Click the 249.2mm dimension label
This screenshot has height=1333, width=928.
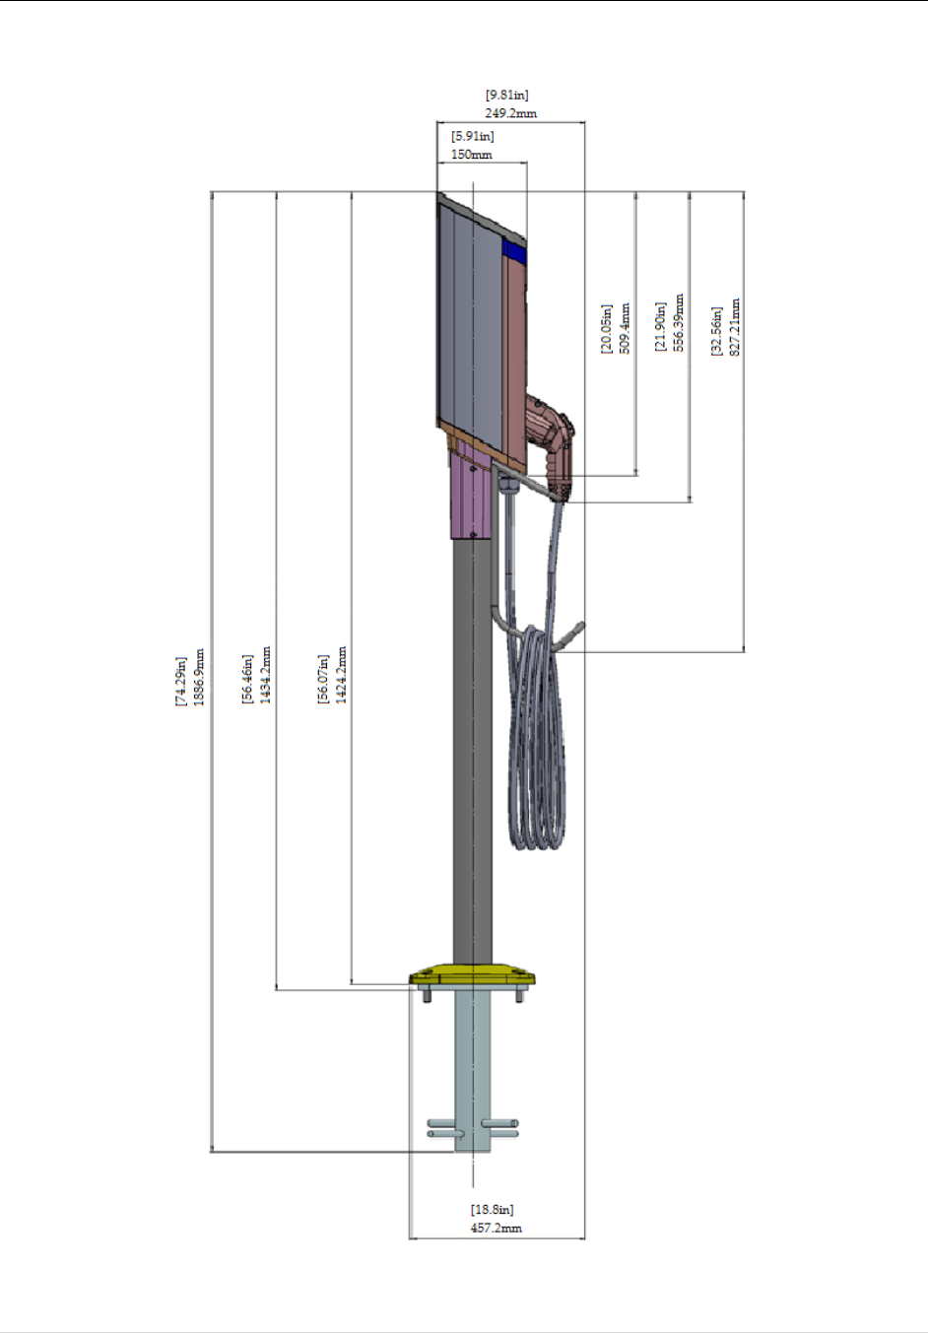[x=510, y=113]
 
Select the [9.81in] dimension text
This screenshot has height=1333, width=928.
[x=507, y=96]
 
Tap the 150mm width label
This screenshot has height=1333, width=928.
[x=472, y=155]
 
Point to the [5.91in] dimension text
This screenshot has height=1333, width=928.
[x=473, y=137]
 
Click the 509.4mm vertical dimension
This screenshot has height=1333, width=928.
[x=625, y=329]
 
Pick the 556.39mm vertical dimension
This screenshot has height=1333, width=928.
[x=679, y=323]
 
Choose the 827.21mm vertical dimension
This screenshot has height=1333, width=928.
[x=735, y=327]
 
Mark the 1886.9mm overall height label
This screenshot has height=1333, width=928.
[x=199, y=678]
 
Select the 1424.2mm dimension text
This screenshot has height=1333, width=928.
[x=342, y=675]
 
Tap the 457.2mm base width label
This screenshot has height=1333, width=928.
[x=497, y=1229]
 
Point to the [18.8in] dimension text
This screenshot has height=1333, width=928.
[x=493, y=1210]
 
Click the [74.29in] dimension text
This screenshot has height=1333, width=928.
[x=181, y=682]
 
